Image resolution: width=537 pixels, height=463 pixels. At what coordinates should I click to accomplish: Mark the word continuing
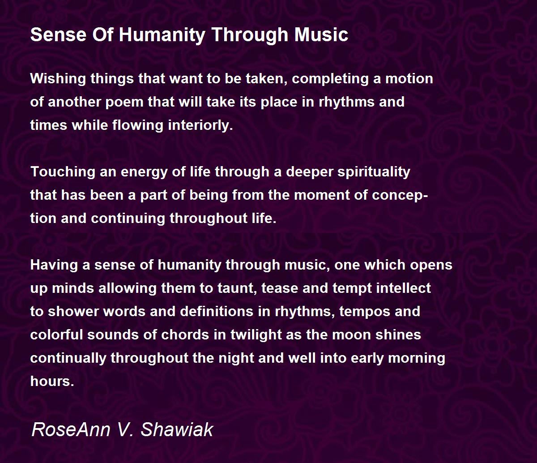tap(128, 219)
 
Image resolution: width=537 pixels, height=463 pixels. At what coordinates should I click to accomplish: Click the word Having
tap(54, 266)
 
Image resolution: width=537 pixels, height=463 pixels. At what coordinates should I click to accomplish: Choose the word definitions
tap(217, 312)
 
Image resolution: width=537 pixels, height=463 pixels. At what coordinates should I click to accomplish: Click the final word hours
tap(52, 382)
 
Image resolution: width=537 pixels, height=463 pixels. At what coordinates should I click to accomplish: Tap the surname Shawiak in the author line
tap(177, 430)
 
